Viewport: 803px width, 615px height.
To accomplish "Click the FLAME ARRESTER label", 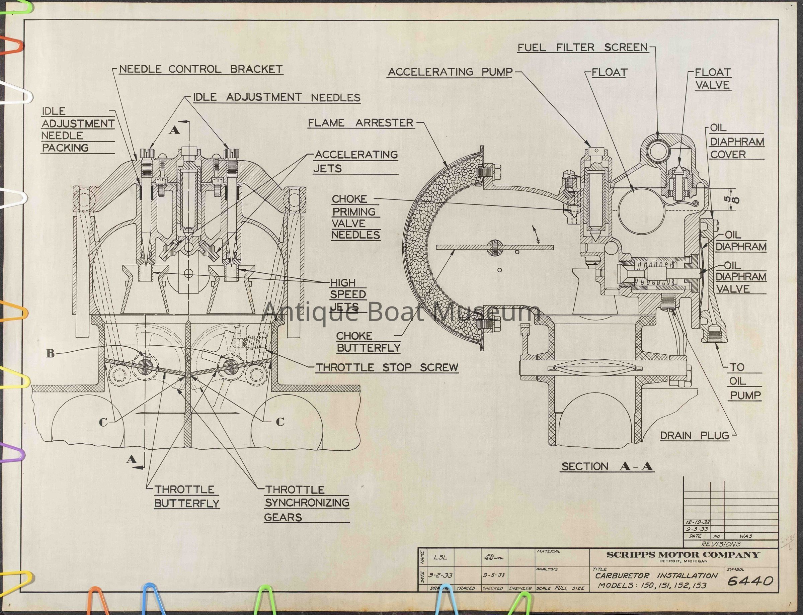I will click(360, 123).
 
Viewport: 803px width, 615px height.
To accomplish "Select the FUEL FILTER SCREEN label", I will click(582, 48).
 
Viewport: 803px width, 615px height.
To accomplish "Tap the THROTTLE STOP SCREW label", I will click(387, 367).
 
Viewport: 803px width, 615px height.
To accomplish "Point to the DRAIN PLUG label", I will click(694, 436).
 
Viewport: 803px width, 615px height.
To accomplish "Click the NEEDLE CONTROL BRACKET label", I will click(200, 69).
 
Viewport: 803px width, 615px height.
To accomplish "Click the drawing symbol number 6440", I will click(750, 581).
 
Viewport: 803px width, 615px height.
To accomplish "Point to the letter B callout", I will click(51, 353).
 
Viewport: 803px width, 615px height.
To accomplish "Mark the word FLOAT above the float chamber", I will click(609, 73).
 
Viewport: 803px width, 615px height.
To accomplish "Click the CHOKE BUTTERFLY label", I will click(368, 342).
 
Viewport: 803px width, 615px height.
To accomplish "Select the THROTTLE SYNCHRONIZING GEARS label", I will click(307, 503).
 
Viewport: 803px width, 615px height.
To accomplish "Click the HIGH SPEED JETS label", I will click(348, 294).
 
